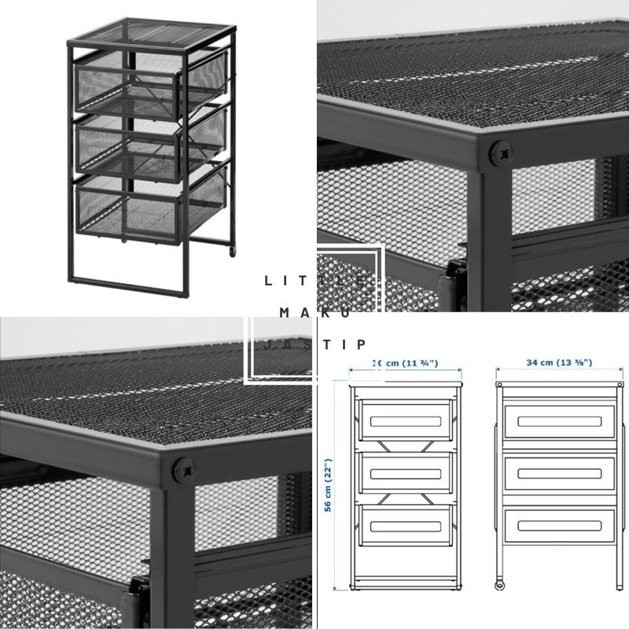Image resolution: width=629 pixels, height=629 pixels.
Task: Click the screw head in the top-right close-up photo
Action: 498,153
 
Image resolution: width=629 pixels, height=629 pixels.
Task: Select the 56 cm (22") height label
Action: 328,486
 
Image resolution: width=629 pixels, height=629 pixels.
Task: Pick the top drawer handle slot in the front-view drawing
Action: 405,422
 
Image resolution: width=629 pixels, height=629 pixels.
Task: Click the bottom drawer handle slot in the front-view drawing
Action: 405,525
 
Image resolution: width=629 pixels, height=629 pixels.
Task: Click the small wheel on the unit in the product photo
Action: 233,252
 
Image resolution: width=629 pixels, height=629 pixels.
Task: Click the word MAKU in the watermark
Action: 314,312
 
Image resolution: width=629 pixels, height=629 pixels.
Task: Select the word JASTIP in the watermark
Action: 314,344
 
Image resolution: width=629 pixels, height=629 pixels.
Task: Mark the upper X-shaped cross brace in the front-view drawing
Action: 405,446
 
